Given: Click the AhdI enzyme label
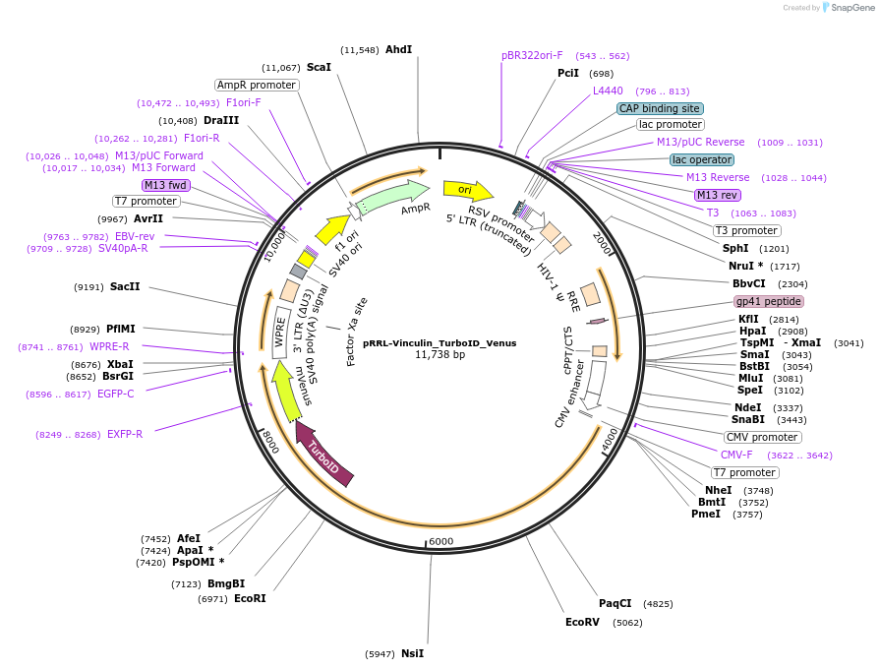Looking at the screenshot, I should click(398, 49).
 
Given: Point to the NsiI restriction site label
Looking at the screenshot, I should click(412, 653).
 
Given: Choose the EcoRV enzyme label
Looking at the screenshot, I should click(582, 622).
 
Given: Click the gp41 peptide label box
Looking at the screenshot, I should click(769, 301).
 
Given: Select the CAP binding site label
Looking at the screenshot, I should click(660, 108).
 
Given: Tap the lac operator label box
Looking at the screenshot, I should click(701, 159).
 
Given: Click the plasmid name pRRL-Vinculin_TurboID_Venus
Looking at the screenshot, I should click(439, 343).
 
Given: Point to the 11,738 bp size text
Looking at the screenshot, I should click(439, 354).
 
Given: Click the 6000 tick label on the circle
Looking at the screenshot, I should click(440, 541).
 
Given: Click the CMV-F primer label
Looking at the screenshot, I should click(736, 455).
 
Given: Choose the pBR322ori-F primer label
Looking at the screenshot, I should click(532, 56).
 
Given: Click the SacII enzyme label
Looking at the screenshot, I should click(125, 286).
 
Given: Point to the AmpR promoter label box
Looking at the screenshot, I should click(257, 85).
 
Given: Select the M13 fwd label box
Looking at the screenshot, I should click(165, 185).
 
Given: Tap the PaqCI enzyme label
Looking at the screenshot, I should click(615, 603).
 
